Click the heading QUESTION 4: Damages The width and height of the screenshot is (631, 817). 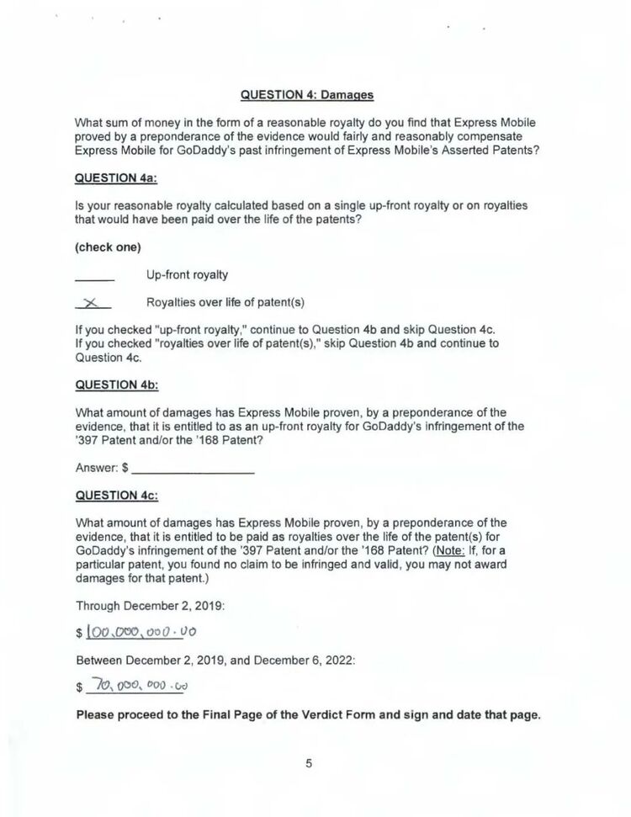307,94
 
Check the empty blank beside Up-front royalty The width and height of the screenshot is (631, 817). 94,276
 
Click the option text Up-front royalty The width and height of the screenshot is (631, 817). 187,275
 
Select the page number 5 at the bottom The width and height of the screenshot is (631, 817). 309,763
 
